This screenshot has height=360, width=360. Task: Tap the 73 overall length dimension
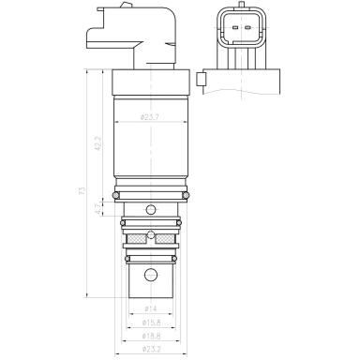click(x=83, y=191)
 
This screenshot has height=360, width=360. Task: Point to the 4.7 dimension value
click(x=100, y=214)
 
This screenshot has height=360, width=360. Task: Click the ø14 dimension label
click(x=150, y=308)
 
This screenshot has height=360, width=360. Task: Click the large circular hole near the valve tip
click(x=151, y=275)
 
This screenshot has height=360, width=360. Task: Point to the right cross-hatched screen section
click(x=165, y=236)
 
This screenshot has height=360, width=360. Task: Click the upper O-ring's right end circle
click(x=186, y=194)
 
